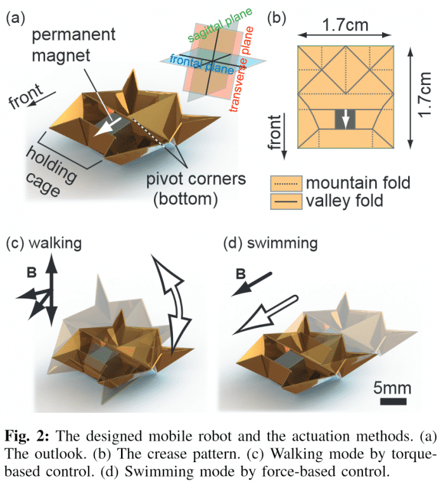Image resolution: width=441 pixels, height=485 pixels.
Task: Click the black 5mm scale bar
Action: point(393,402)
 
